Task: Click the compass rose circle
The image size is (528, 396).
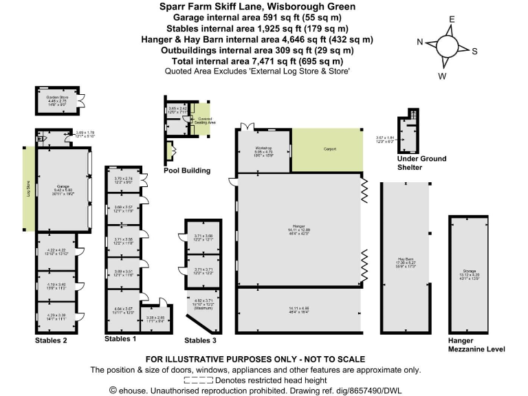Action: (447, 47)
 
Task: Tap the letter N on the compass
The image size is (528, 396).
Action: (419, 42)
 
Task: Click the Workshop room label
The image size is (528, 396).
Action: (265, 148)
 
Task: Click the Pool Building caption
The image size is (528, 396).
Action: (186, 170)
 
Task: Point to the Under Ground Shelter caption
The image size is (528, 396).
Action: (421, 163)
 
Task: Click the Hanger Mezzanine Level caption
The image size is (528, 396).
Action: (476, 344)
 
